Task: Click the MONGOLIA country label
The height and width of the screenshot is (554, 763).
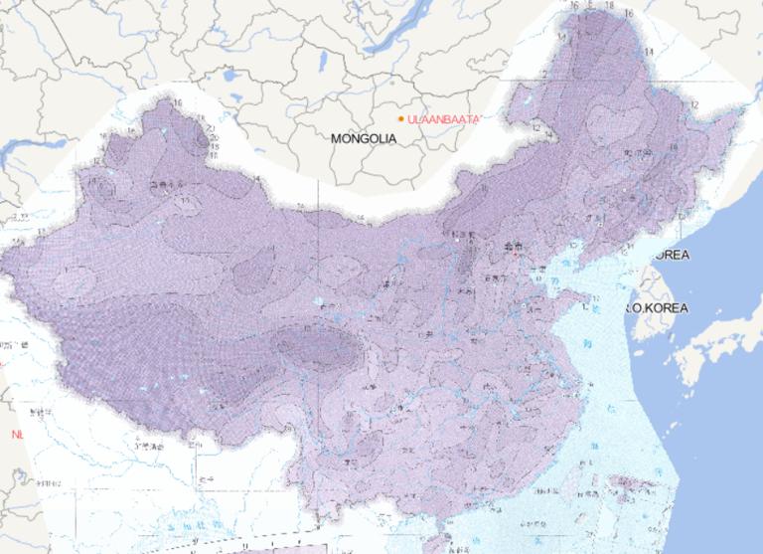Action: [x=364, y=138]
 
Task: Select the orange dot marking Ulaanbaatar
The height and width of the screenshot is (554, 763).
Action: [x=400, y=119]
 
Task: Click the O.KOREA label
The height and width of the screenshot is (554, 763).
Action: [x=657, y=308]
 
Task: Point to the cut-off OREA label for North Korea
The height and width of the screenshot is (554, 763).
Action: [x=671, y=256]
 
